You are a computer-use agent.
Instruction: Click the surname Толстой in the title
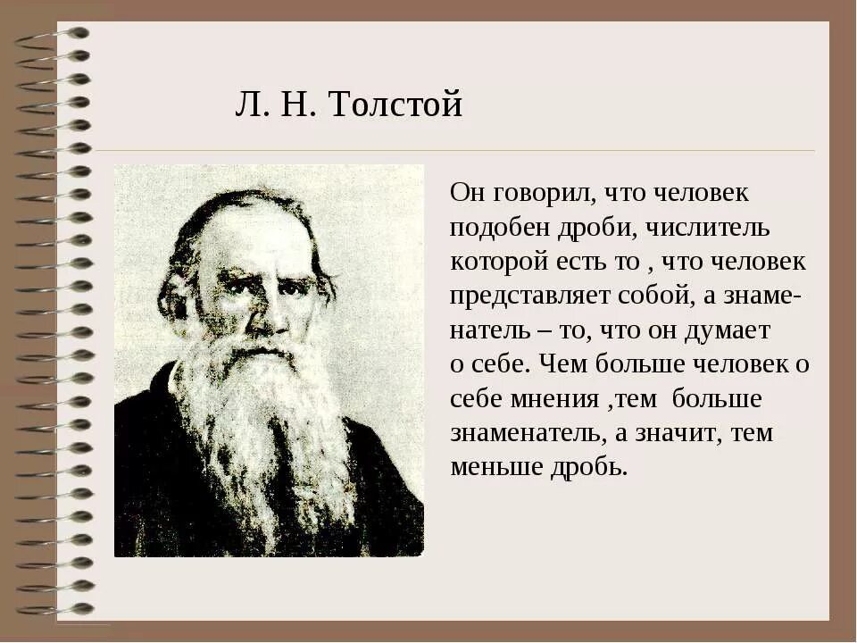pyautogui.click(x=395, y=105)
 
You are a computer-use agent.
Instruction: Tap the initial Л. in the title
pyautogui.click(x=247, y=105)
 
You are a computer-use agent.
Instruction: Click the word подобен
pyautogui.click(x=494, y=228)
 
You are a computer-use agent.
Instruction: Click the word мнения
pyautogui.click(x=555, y=398)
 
